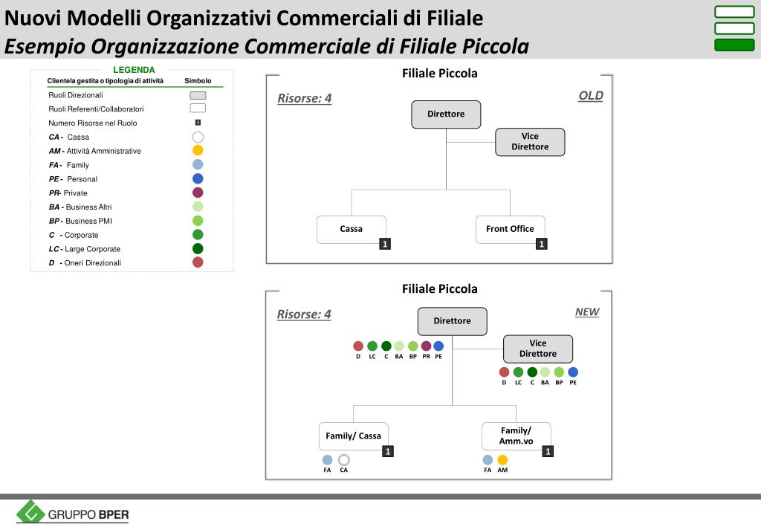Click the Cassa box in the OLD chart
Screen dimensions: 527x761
coord(351,229)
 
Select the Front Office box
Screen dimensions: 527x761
coord(510,229)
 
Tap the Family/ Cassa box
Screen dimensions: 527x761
coord(353,436)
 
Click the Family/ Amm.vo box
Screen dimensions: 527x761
coord(516,436)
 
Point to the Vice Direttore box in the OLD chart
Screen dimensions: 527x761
coord(530,141)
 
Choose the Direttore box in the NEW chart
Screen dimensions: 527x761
coord(452,321)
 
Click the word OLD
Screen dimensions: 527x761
coord(591,95)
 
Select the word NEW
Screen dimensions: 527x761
coord(587,312)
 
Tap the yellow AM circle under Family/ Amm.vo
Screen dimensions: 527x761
coord(502,460)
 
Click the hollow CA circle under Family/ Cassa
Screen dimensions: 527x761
coord(344,460)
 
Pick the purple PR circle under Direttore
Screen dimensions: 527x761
coord(426,346)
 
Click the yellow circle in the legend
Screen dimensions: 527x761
coord(198,151)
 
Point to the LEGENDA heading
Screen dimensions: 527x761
coord(134,70)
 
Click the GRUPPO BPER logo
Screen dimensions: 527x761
coord(73,512)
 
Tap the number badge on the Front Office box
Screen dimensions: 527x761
coord(542,244)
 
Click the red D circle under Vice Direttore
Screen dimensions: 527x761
coord(504,372)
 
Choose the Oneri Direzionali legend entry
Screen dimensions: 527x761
coord(92,263)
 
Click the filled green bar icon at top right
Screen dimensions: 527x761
coord(734,45)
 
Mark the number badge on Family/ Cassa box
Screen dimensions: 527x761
coord(388,451)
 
